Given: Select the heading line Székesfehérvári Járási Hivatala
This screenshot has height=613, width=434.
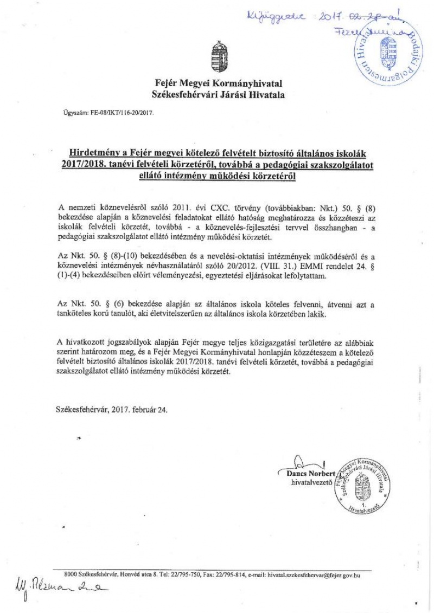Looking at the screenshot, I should point(218,95).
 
